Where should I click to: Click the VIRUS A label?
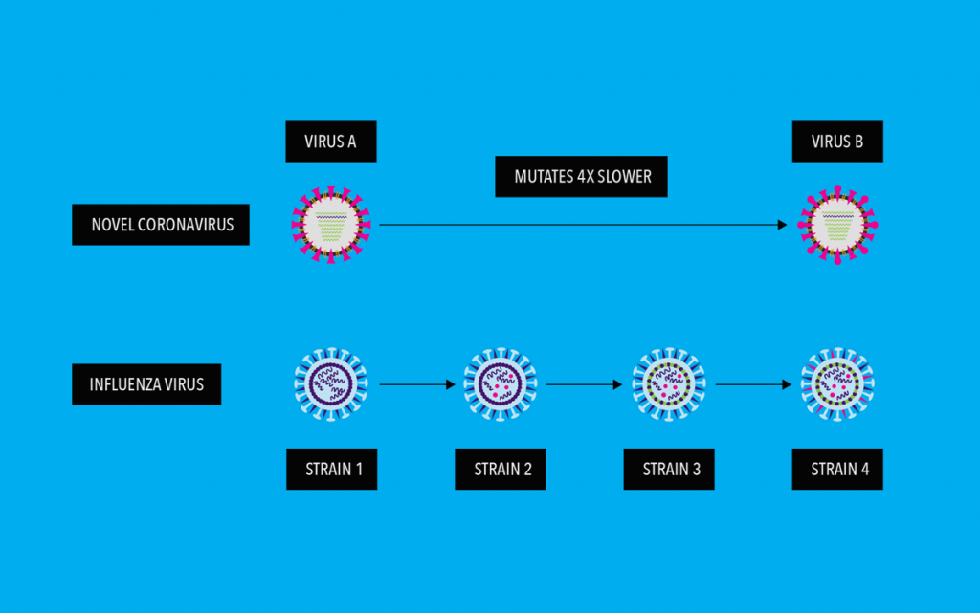pyautogui.click(x=331, y=142)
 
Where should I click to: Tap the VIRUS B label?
pyautogui.click(x=837, y=142)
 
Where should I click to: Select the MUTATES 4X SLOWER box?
pyautogui.click(x=581, y=177)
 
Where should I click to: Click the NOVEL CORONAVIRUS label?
pyautogui.click(x=161, y=226)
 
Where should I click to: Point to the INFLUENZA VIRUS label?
pyautogui.click(x=146, y=385)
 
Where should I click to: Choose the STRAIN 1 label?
pyautogui.click(x=331, y=470)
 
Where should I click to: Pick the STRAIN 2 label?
pyautogui.click(x=501, y=470)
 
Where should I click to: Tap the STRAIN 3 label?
pyautogui.click(x=669, y=470)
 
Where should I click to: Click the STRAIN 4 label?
pyautogui.click(x=837, y=470)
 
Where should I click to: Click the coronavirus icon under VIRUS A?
pyautogui.click(x=331, y=225)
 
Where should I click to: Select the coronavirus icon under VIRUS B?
pyautogui.click(x=837, y=225)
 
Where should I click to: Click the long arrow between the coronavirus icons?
pyautogui.click(x=584, y=225)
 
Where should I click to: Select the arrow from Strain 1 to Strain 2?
pyautogui.click(x=416, y=385)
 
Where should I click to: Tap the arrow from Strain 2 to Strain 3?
pyautogui.click(x=585, y=385)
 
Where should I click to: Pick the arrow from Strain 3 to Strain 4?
pyautogui.click(x=753, y=385)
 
